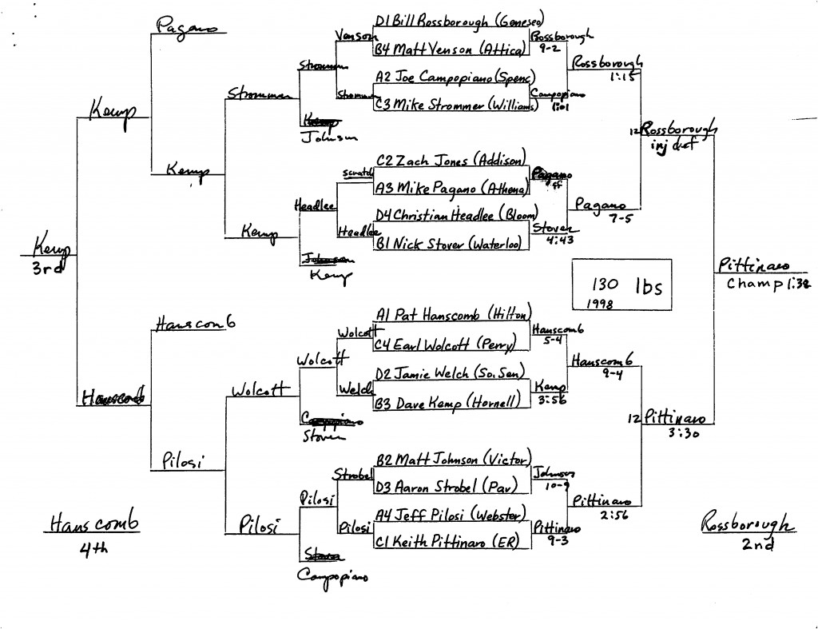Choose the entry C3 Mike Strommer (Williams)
pyautogui.click(x=451, y=105)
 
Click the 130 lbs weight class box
pyautogui.click(x=622, y=284)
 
